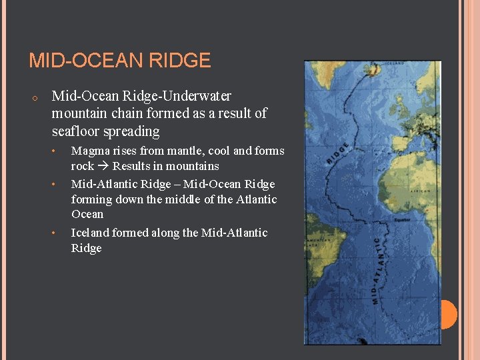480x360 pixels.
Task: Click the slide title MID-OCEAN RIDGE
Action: point(120,61)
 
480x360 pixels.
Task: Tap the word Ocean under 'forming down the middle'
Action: point(87,214)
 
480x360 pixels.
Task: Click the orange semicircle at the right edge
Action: point(449,315)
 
